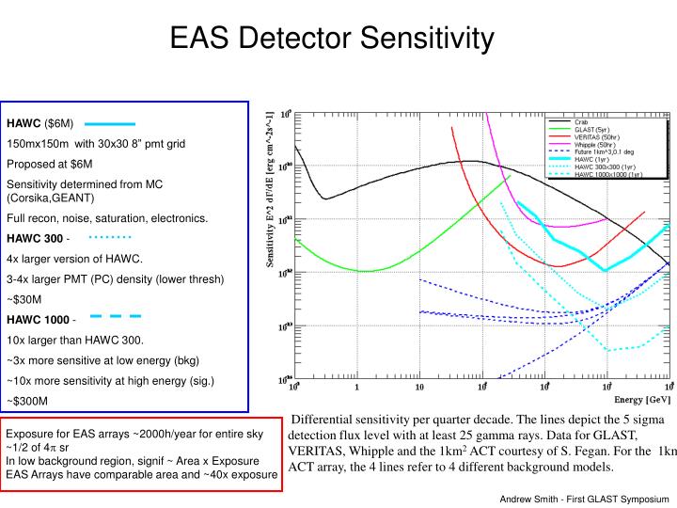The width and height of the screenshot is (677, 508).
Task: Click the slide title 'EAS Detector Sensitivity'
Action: [332, 39]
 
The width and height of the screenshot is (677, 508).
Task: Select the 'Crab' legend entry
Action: [583, 121]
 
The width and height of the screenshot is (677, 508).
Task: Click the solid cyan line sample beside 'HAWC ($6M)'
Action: [111, 124]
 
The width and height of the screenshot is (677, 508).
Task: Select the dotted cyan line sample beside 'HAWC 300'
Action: [110, 236]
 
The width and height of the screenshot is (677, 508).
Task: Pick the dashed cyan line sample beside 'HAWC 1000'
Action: [116, 316]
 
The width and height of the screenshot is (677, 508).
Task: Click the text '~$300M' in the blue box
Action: [27, 401]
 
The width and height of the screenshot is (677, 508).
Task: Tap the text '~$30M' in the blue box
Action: [24, 300]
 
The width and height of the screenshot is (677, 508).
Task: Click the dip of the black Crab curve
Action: [324, 198]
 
